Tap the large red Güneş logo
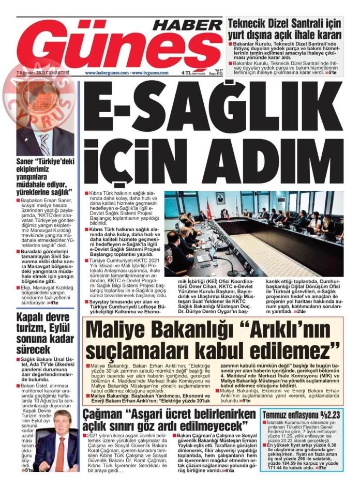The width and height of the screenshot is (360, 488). coord(116,49)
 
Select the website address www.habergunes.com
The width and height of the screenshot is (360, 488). coord(107,73)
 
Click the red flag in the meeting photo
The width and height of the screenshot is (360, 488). coord(209,209)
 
